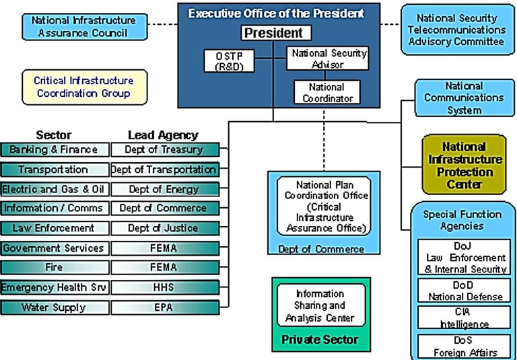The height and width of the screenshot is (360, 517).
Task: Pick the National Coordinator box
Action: (326, 92)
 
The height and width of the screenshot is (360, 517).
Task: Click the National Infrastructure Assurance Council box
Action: (83, 26)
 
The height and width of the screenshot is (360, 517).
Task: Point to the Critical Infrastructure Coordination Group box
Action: (83, 87)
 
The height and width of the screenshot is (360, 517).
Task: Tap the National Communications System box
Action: (464, 98)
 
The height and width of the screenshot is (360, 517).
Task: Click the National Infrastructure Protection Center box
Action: (464, 164)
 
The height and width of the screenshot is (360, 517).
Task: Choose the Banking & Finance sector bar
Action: (54, 149)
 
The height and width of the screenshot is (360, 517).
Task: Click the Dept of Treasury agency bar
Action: (164, 149)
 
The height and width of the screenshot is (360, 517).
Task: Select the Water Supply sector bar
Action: (54, 308)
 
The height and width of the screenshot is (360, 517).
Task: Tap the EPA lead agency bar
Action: (164, 308)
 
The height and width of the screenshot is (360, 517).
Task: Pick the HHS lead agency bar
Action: (164, 288)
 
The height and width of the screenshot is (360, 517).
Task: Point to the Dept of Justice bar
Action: (164, 228)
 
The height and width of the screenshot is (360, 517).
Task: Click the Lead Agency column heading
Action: (164, 135)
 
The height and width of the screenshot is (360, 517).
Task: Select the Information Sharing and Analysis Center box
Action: (320, 305)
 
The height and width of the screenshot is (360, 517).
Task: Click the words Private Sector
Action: (320, 340)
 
